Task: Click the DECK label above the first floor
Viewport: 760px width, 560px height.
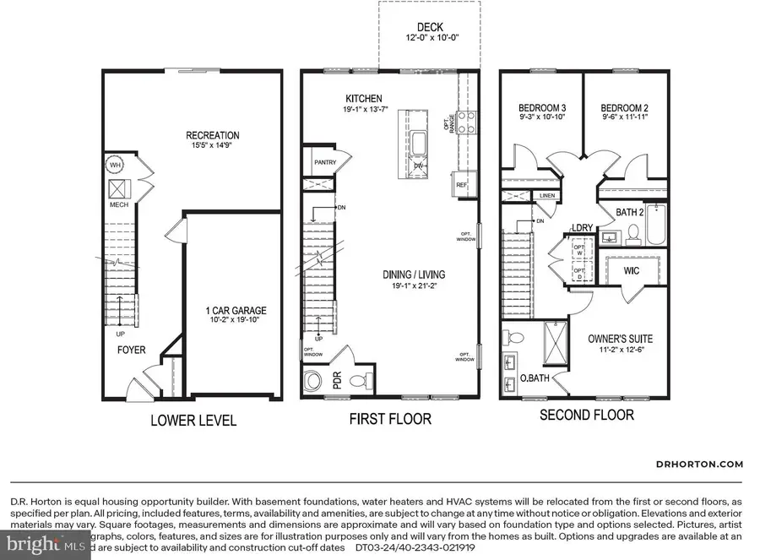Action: click(428, 27)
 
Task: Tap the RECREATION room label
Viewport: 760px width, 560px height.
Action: click(213, 134)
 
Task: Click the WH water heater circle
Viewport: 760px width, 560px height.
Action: click(115, 165)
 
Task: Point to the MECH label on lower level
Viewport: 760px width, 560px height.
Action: click(117, 204)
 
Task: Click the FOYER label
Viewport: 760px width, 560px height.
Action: click(132, 349)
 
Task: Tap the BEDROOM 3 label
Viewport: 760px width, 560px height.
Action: click(541, 108)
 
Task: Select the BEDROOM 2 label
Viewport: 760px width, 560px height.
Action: click(624, 108)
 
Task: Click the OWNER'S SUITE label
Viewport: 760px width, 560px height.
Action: click(620, 339)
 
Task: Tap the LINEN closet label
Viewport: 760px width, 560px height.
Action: click(547, 197)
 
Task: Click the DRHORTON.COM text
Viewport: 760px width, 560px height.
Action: click(699, 464)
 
